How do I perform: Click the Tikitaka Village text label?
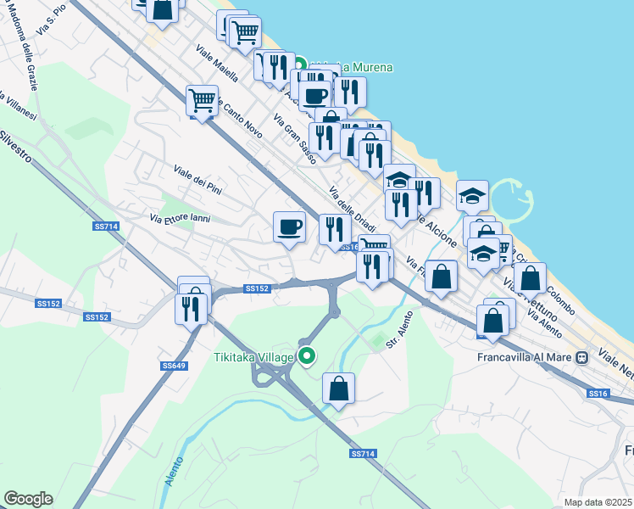(x=253, y=356)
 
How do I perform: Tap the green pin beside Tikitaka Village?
(x=308, y=357)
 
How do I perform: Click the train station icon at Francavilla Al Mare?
(x=582, y=357)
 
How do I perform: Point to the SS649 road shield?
(x=173, y=366)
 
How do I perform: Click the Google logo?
(x=28, y=499)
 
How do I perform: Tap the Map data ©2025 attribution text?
(x=598, y=502)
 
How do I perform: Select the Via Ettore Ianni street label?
(x=180, y=218)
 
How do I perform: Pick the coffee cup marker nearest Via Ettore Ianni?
(x=289, y=227)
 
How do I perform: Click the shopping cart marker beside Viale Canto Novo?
(x=203, y=101)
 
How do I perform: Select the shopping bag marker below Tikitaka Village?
(x=338, y=389)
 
